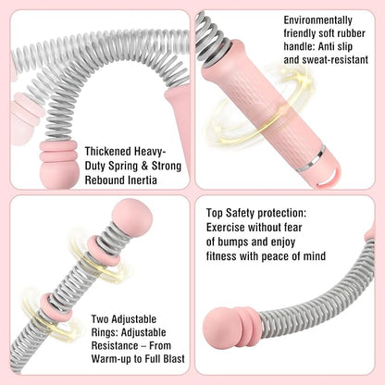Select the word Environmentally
pyautogui.click(x=317, y=20)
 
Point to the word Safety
pyautogui.click(x=241, y=214)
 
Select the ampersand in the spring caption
pyautogui.click(x=144, y=167)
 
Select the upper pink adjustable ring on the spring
pyautogui.click(x=103, y=252)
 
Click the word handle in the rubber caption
pyautogui.click(x=299, y=46)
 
